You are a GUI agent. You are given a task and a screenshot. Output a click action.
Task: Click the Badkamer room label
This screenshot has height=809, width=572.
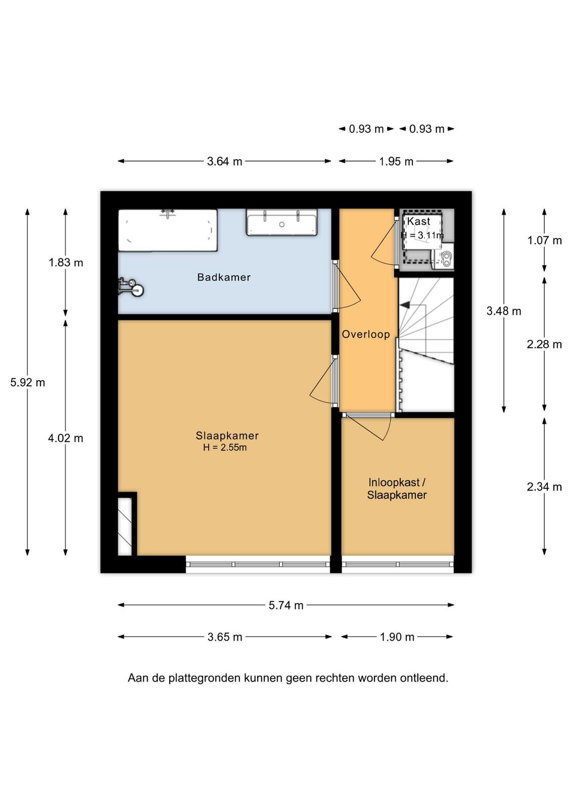[224, 277]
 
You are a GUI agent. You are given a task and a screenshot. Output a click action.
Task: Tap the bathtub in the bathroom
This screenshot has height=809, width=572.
[168, 230]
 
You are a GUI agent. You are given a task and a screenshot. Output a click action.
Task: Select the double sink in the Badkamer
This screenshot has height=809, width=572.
[282, 222]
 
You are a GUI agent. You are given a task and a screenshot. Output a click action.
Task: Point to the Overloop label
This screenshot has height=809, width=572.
[366, 334]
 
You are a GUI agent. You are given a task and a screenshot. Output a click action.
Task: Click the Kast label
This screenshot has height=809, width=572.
[418, 221]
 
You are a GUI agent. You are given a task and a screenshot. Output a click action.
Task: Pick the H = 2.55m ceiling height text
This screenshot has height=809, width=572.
[225, 447]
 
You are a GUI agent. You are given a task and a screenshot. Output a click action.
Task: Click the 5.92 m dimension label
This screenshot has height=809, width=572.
[27, 382]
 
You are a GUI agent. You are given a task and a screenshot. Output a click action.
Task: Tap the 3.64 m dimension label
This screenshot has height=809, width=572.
[224, 161]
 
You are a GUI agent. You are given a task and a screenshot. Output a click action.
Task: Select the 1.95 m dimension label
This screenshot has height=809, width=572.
[396, 161]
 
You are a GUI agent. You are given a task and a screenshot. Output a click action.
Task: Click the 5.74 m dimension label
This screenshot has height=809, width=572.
[286, 605]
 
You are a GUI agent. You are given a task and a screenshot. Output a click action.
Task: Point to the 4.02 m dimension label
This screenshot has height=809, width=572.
[66, 438]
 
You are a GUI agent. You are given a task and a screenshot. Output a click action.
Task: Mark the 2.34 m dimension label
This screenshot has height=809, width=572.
[544, 487]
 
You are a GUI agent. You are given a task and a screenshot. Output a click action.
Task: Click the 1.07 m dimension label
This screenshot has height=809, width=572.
[545, 240]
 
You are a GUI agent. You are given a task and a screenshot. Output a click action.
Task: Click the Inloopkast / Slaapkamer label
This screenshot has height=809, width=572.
[397, 488]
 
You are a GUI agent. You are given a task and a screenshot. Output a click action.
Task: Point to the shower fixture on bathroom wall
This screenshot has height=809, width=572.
[130, 288]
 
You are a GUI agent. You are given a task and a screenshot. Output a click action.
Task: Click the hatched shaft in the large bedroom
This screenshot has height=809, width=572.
[125, 526]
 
